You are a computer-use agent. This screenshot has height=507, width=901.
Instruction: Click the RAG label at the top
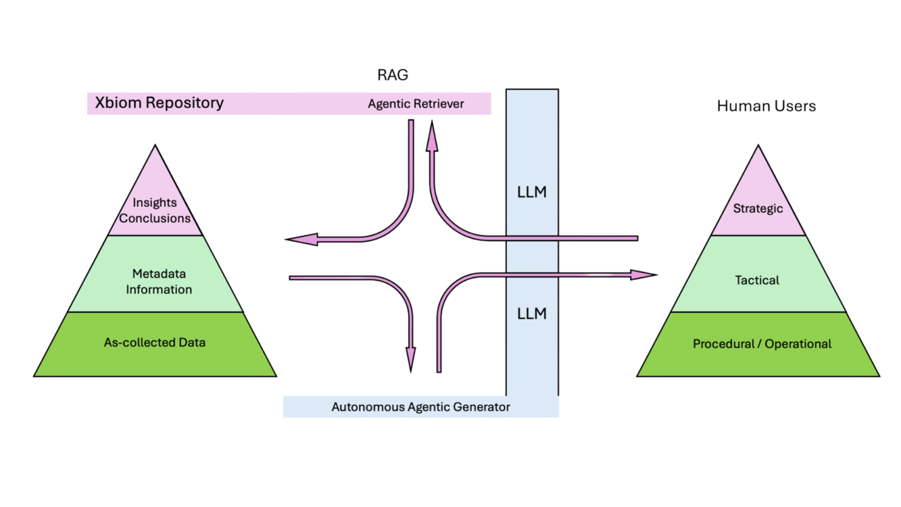(392, 75)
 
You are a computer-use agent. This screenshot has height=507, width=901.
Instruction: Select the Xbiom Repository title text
(159, 103)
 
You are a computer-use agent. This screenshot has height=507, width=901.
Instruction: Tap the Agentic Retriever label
(415, 104)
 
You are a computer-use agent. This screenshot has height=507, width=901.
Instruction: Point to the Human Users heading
(766, 106)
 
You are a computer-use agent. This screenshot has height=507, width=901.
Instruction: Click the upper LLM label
(532, 192)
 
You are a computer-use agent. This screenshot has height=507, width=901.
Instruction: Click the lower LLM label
(532, 314)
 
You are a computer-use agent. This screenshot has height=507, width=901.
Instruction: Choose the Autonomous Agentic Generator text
(420, 407)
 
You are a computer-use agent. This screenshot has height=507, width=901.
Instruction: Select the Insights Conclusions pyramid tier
(155, 210)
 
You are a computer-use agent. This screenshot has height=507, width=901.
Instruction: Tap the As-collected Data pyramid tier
(155, 343)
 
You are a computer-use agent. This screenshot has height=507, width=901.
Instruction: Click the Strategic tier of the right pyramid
(758, 208)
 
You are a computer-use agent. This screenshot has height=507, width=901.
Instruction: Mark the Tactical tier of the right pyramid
(757, 280)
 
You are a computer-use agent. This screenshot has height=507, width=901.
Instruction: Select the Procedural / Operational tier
(762, 344)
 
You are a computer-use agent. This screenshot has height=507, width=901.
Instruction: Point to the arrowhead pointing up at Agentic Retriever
(432, 136)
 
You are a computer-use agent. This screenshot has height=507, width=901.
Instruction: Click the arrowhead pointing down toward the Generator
(411, 359)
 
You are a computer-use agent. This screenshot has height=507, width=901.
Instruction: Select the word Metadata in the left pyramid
(159, 274)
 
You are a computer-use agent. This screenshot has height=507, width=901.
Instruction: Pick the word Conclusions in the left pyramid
(155, 218)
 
